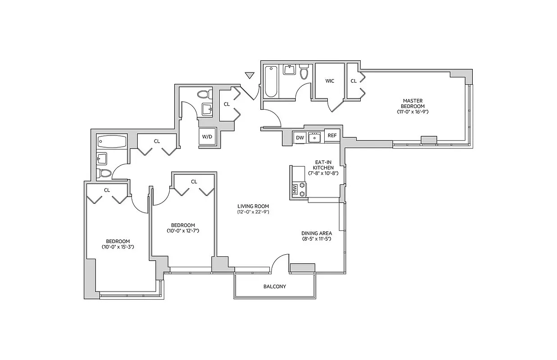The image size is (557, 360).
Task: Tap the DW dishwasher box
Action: coord(299,137)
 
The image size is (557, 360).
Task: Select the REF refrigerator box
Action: coord(332,135)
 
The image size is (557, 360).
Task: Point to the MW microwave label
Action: coord(295,189)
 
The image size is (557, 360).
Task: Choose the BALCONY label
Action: coord(274,287)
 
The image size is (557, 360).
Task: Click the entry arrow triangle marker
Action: coord(249,76)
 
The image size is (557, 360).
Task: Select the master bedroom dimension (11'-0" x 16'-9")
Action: coord(412,111)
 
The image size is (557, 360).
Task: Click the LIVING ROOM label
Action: coord(253,206)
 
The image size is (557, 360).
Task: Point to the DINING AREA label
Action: coord(317,233)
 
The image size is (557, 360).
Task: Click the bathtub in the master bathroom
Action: coord(270,81)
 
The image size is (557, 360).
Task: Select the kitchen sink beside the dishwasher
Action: coord(314,137)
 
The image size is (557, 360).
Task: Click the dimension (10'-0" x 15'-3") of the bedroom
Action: coord(118,247)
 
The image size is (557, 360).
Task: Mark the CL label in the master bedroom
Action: coord(353,81)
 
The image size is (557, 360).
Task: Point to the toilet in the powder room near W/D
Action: coord(204,94)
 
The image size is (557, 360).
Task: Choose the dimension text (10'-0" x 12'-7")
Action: coord(183,231)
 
